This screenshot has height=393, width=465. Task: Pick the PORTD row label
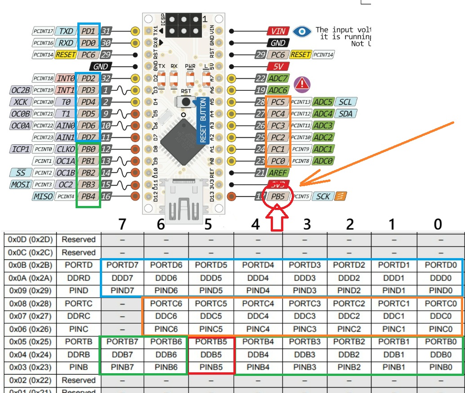(x=78, y=265)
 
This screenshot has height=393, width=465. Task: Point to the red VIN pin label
(x=279, y=31)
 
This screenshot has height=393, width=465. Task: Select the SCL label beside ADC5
(x=345, y=102)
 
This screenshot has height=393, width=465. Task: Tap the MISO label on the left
(x=43, y=196)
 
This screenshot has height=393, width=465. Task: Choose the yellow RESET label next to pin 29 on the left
(x=66, y=55)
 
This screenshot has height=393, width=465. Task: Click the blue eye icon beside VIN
(x=302, y=31)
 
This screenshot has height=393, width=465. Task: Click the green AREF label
(x=279, y=172)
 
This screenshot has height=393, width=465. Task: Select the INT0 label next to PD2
(x=66, y=78)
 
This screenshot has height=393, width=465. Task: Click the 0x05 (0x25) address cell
(x=31, y=341)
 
